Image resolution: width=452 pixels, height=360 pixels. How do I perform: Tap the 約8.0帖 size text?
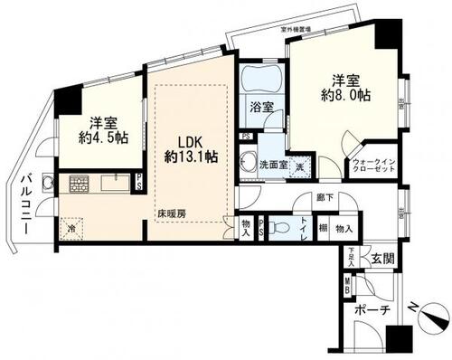[347, 94]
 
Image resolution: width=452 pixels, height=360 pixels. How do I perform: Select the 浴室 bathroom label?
[261, 107]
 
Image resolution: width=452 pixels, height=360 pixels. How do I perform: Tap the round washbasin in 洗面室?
[249, 163]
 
